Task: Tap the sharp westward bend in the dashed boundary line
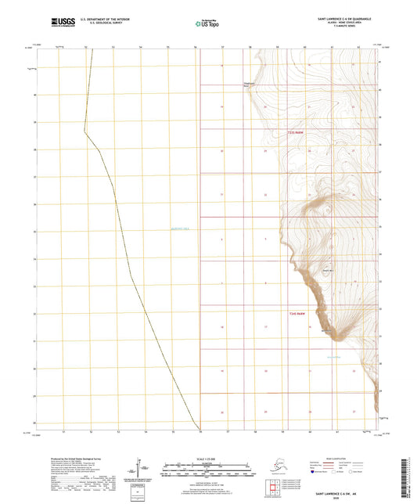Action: (x=85, y=131)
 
